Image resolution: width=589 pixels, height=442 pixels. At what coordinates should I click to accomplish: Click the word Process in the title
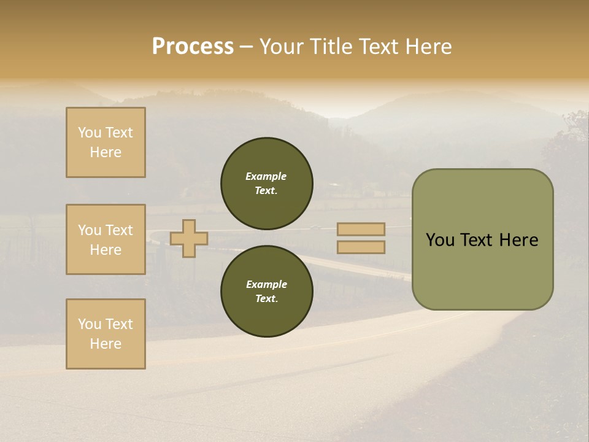pyautogui.click(x=193, y=47)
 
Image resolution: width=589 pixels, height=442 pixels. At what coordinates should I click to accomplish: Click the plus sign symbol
pyautogui.click(x=189, y=238)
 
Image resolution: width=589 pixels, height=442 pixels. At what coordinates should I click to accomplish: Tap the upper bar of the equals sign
pyautogui.click(x=361, y=229)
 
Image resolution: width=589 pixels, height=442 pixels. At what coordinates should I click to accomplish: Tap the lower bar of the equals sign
pyautogui.click(x=361, y=247)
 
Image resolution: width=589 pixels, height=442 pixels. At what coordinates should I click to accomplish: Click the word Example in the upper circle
pyautogui.click(x=266, y=176)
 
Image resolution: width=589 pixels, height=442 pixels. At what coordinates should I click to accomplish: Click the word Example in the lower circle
pyautogui.click(x=266, y=284)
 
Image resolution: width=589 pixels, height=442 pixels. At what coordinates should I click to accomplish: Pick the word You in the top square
pyautogui.click(x=90, y=133)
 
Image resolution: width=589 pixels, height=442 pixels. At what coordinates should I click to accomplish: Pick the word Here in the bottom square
pyautogui.click(x=106, y=344)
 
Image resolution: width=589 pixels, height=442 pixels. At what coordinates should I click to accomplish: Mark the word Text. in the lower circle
pyautogui.click(x=266, y=299)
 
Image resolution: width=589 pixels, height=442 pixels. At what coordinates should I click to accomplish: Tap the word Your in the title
pyautogui.click(x=282, y=47)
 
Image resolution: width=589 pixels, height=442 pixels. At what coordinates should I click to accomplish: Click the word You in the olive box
pyautogui.click(x=441, y=240)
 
